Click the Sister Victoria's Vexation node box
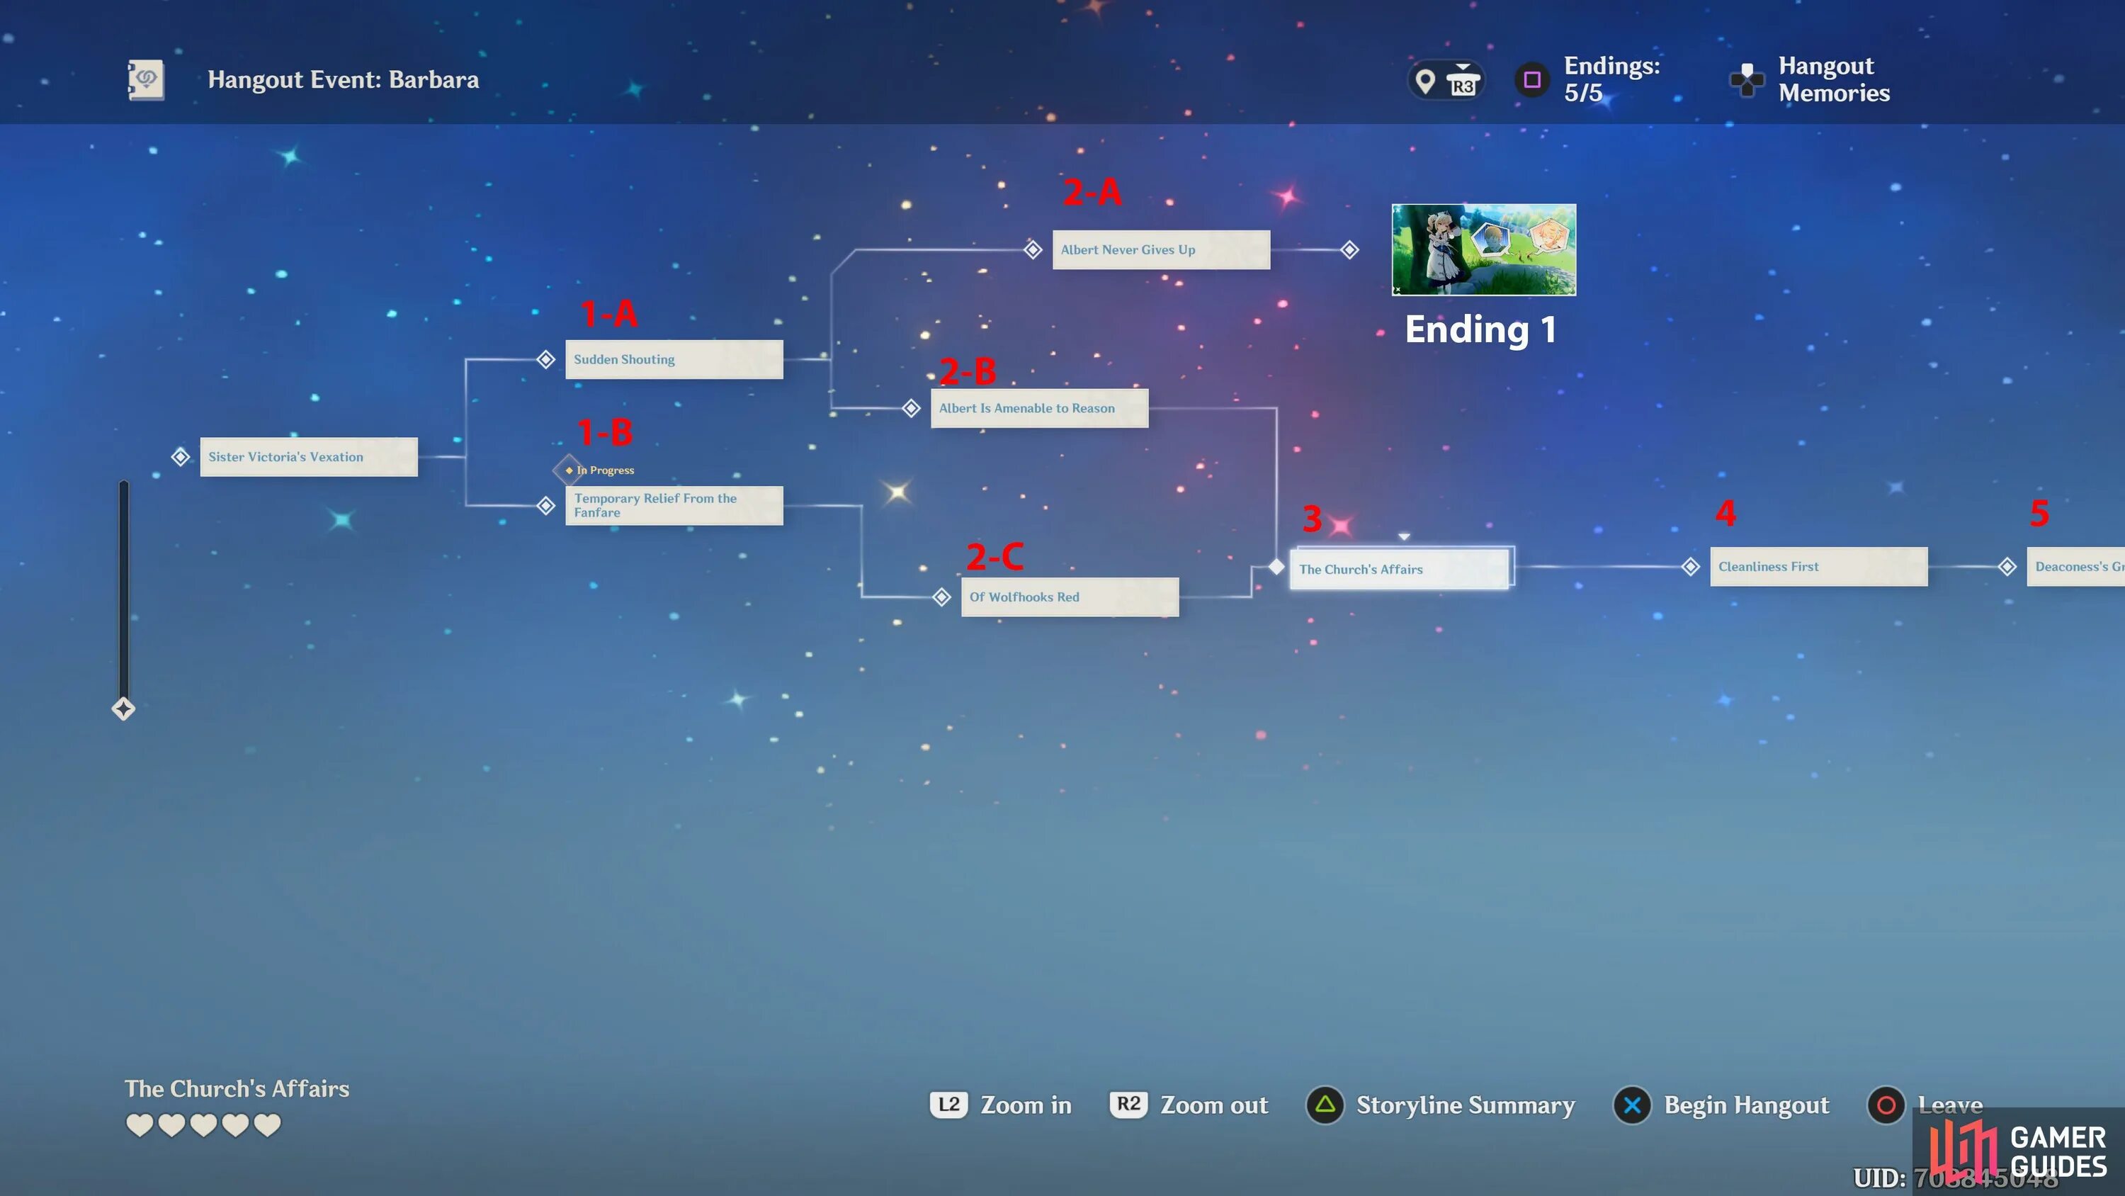coord(309,456)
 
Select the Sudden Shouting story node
coord(673,359)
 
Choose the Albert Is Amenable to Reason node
coord(1038,407)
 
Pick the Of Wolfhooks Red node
coord(1069,597)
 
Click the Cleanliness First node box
coord(1818,566)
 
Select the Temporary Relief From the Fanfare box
coord(673,505)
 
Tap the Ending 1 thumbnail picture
coord(1483,249)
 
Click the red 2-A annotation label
coord(1092,192)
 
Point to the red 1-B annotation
coord(605,431)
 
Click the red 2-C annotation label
coord(995,556)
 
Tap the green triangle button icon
coord(1325,1105)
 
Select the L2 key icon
coord(948,1105)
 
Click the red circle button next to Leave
coord(1886,1105)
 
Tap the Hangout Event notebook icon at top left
coord(146,80)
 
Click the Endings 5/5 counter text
coord(1611,79)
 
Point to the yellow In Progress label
coord(607,470)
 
